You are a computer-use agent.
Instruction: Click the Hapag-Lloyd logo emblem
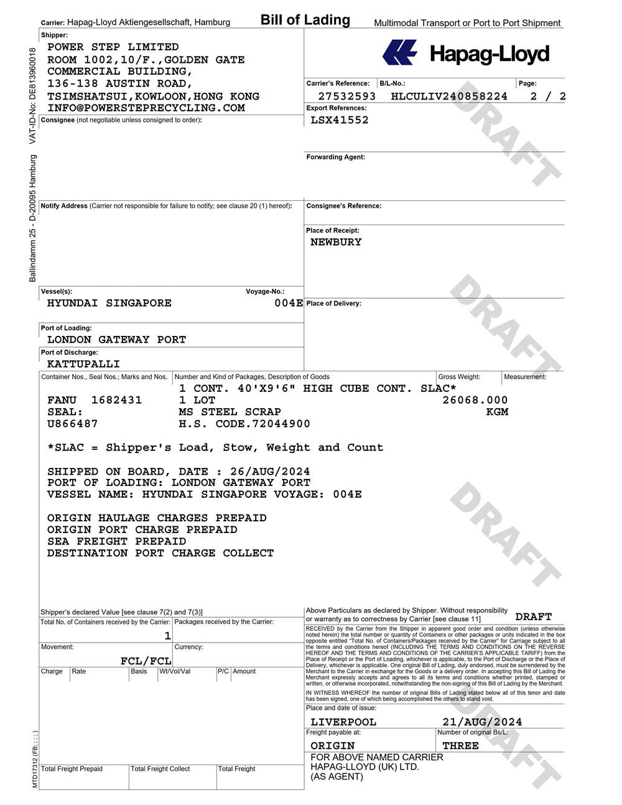(399, 53)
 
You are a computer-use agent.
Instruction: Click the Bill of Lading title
(305, 20)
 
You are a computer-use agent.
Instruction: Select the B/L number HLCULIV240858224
(449, 96)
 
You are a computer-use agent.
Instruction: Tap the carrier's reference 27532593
(347, 96)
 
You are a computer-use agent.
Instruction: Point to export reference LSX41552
(340, 120)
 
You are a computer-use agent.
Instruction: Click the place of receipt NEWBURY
(336, 242)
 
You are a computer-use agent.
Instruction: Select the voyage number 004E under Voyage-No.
(289, 303)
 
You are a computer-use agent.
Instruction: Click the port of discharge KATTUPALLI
(83, 364)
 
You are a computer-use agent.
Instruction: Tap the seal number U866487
(73, 424)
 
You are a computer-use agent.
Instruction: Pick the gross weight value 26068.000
(475, 400)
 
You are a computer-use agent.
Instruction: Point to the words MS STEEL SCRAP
(230, 412)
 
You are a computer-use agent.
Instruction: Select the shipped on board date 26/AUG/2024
(279, 471)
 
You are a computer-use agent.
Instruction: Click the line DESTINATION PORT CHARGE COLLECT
(160, 553)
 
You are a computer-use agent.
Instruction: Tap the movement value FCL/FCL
(146, 661)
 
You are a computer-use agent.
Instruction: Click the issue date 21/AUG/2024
(482, 722)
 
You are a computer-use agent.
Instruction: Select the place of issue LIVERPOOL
(343, 722)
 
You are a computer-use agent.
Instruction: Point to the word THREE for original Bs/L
(460, 745)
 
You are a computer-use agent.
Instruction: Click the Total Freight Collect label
(160, 769)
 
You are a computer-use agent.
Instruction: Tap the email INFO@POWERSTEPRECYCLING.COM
(146, 108)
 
